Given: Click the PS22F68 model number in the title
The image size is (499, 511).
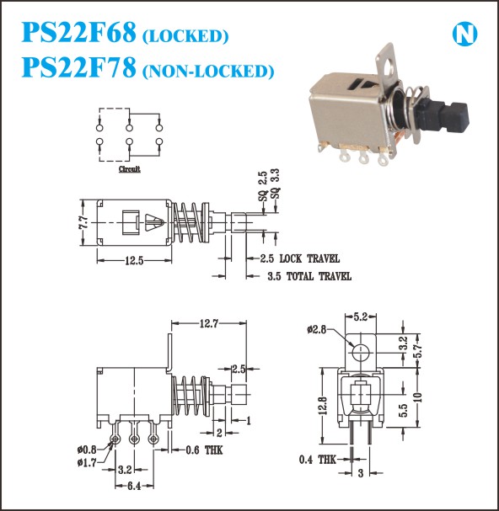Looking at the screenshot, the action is tap(78, 32).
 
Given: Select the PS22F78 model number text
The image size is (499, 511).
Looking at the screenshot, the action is tap(78, 67).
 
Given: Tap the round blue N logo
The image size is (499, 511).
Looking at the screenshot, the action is tap(464, 34).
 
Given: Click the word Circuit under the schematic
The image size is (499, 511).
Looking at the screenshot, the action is tap(130, 169).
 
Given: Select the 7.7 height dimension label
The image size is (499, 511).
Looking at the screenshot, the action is tap(83, 223).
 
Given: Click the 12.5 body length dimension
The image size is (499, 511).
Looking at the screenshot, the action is tap(134, 261).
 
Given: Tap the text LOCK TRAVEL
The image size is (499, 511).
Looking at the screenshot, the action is tap(309, 258).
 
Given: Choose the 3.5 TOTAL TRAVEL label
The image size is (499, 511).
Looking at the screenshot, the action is tap(309, 276).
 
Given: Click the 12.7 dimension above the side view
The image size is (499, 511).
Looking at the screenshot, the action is tap(209, 323).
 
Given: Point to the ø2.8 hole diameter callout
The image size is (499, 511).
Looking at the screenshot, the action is tap(317, 329).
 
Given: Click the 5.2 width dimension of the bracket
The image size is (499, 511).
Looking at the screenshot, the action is tap(361, 317).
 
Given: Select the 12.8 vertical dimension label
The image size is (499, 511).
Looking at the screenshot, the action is tap(323, 406).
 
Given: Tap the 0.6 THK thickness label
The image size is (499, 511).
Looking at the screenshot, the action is tap(204, 450).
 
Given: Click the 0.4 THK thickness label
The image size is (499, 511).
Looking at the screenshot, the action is tap(317, 460).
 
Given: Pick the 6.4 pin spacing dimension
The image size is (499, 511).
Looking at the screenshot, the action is tap(134, 487).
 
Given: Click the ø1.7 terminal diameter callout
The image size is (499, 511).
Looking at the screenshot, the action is tap(87, 462).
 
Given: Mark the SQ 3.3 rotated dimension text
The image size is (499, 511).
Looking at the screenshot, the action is tap(276, 184).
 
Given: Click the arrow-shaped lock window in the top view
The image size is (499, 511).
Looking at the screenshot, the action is tap(154, 222).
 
